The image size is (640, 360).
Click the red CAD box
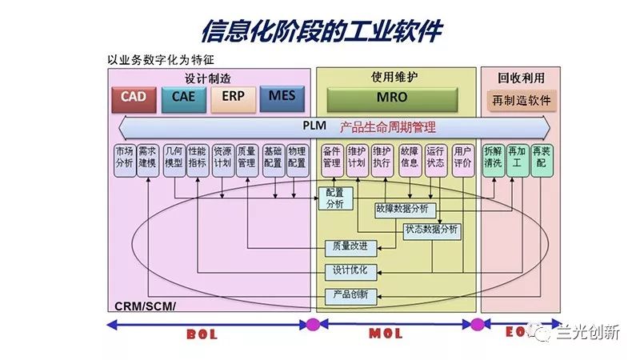point(134,98)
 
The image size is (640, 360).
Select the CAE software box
point(183,98)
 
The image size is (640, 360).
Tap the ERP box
point(233,98)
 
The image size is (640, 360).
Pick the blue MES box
point(282,98)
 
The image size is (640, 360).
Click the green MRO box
point(391,98)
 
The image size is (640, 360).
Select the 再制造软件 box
point(522,102)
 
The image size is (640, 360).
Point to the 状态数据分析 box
point(432,230)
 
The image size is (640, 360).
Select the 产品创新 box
point(350,295)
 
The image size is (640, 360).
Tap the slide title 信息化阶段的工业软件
point(320,30)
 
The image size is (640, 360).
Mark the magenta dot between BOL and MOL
point(313,325)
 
